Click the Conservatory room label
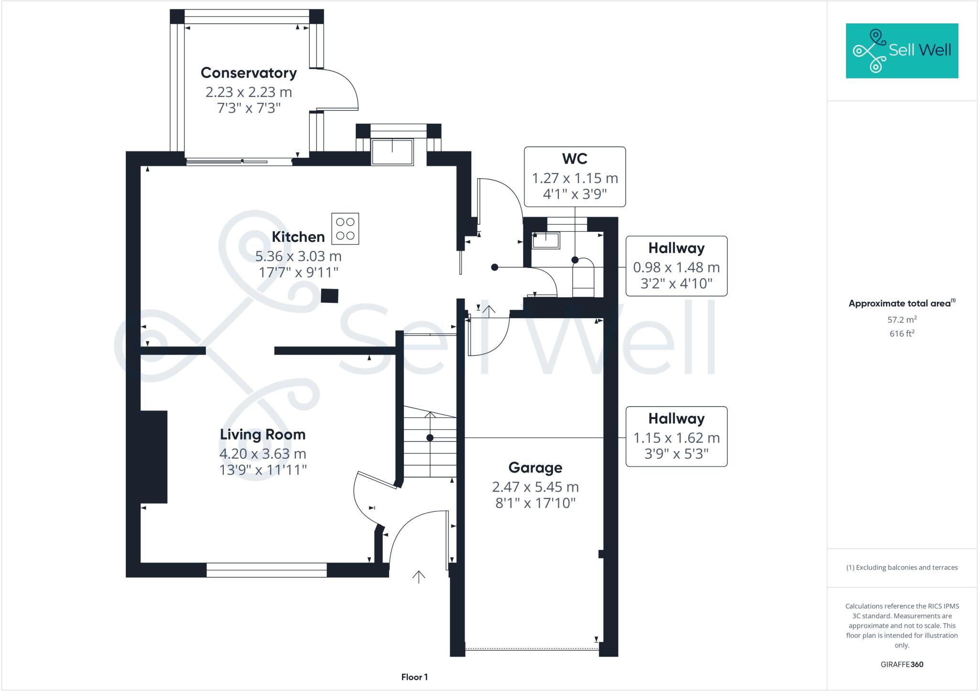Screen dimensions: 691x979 (249, 73)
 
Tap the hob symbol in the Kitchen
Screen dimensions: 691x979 (345, 229)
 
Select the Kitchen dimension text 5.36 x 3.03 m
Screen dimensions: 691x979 (298, 256)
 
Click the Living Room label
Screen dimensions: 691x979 (262, 434)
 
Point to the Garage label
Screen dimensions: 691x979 (535, 467)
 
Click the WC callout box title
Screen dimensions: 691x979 (575, 159)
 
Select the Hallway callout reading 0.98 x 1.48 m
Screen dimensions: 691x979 (676, 266)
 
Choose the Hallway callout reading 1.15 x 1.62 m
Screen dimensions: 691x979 (676, 437)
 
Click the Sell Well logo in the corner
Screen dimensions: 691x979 (902, 51)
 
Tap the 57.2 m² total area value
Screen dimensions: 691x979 (902, 320)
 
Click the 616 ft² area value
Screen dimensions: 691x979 (902, 334)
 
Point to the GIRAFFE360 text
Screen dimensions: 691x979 (902, 664)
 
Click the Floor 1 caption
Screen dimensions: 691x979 (414, 677)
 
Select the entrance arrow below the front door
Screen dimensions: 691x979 (419, 577)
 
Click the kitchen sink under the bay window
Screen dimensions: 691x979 (392, 152)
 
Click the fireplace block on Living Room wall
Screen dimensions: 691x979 (154, 457)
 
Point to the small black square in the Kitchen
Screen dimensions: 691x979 (329, 296)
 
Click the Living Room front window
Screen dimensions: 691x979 (266, 570)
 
